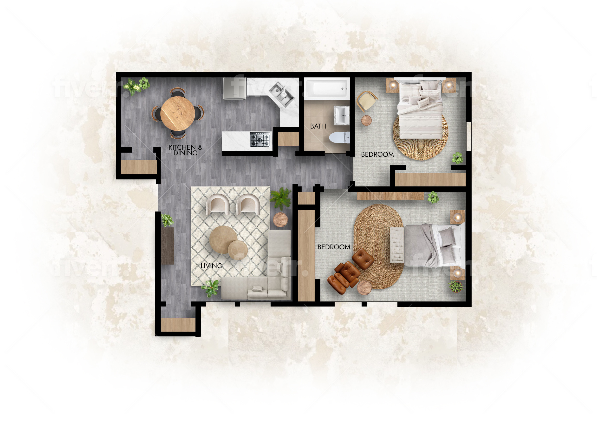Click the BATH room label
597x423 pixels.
[x=318, y=126]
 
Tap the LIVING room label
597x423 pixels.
[x=211, y=266]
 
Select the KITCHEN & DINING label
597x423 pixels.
[x=185, y=150]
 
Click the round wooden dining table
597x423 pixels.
[x=178, y=113]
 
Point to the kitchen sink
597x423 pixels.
[x=281, y=95]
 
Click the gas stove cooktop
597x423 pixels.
[x=260, y=140]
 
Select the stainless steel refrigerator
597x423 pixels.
[x=234, y=89]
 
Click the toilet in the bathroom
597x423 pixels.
[x=340, y=137]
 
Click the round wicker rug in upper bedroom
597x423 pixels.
[x=421, y=137]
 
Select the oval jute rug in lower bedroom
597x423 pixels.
[x=379, y=247]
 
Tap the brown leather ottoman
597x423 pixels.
[x=363, y=258]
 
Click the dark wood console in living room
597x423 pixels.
[x=167, y=246]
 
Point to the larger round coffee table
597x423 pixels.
[x=223, y=240]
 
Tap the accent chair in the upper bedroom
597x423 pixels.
[x=367, y=101]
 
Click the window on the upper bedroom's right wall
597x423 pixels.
[x=468, y=136]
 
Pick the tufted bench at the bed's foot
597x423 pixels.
[x=397, y=245]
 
